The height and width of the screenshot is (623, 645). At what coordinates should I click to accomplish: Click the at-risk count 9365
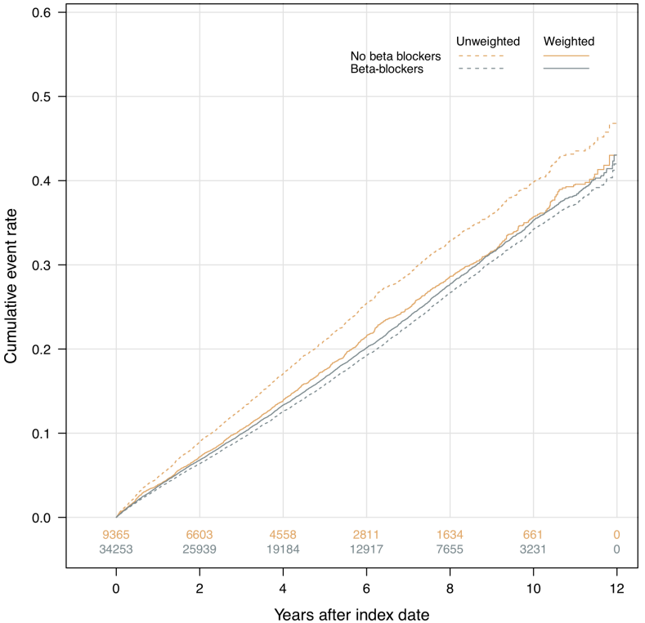click(116, 535)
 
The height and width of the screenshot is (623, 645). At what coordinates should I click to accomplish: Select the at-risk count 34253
click(116, 549)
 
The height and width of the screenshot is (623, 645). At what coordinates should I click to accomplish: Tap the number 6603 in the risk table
click(199, 535)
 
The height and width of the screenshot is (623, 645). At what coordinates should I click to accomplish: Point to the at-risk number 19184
click(283, 549)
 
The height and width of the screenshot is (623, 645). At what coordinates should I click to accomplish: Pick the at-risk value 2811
click(366, 535)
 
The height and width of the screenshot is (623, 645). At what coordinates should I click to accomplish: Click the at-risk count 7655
click(450, 549)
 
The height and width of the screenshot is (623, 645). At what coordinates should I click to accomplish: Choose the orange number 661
click(533, 535)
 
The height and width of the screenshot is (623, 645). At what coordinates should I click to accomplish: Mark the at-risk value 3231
click(533, 549)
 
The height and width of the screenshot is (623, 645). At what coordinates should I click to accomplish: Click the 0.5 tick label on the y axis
click(41, 96)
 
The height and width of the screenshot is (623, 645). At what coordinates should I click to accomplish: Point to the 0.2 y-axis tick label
click(41, 349)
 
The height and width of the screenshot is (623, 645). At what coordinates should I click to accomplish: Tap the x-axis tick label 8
click(450, 589)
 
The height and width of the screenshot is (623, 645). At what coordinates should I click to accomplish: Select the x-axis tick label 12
click(616, 589)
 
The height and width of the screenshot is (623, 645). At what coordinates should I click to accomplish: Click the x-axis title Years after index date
click(352, 615)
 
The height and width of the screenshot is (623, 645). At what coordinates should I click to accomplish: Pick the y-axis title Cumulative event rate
click(11, 286)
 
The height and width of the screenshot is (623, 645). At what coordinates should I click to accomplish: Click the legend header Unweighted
click(488, 41)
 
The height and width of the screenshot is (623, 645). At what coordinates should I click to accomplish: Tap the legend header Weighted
click(568, 41)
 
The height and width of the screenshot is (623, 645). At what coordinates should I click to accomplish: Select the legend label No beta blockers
click(396, 56)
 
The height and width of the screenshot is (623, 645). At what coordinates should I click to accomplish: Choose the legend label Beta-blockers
click(387, 69)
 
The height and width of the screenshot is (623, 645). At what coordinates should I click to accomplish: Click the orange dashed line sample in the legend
click(481, 56)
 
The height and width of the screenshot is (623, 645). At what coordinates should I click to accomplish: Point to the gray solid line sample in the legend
click(566, 69)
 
